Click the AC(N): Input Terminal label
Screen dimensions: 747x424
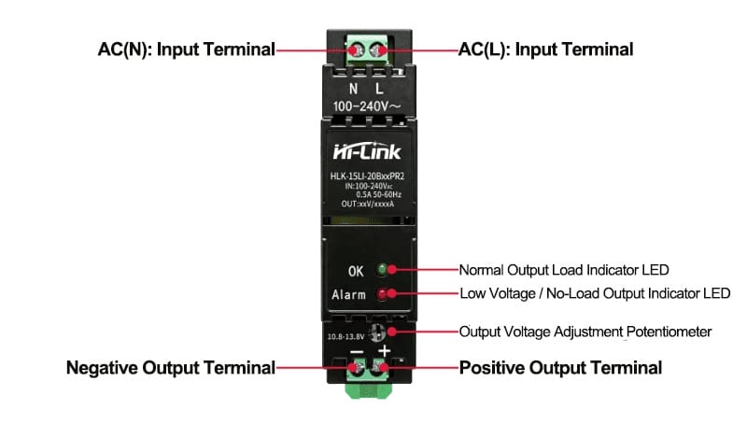(x=186, y=49)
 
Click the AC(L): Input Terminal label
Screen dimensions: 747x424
(x=545, y=49)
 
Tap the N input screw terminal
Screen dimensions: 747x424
(x=357, y=50)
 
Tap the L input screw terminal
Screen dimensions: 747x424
(x=378, y=50)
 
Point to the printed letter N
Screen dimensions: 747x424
(x=353, y=89)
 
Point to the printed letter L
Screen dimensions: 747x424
(x=379, y=89)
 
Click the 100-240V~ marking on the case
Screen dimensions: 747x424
(x=367, y=106)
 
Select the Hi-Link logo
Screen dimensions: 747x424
(x=367, y=151)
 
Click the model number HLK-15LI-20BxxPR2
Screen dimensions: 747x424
(x=367, y=177)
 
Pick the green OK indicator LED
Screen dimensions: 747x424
(x=382, y=270)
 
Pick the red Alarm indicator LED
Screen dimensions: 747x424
(x=382, y=294)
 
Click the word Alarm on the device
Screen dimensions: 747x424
(x=348, y=295)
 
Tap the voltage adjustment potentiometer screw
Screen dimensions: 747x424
(x=376, y=332)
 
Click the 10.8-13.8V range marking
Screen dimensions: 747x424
(x=345, y=337)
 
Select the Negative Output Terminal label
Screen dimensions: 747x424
(x=171, y=368)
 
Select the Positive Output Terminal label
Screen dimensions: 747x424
(x=560, y=368)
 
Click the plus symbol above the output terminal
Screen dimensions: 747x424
(x=384, y=351)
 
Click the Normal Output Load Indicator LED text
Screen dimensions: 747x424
(x=564, y=270)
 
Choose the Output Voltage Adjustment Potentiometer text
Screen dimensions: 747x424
(x=585, y=332)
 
